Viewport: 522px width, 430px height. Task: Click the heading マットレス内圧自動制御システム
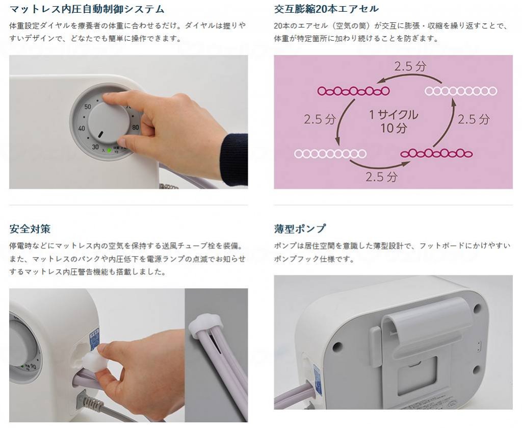[x=87, y=9]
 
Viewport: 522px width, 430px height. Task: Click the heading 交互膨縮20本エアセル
[x=326, y=9]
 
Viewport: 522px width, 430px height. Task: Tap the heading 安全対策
[x=30, y=229]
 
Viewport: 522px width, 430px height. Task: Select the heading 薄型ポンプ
[x=300, y=229]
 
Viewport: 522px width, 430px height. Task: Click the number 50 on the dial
[x=88, y=107]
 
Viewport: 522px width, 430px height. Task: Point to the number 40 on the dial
[x=82, y=129]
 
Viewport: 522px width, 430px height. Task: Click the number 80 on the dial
[x=135, y=128]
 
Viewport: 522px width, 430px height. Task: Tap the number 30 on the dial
[x=95, y=147]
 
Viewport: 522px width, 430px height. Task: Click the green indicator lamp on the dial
[x=109, y=150]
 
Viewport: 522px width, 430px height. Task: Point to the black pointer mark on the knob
[x=100, y=134]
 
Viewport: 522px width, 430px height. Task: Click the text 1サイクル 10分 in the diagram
[x=394, y=121]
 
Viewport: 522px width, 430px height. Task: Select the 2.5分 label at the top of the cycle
[x=410, y=66]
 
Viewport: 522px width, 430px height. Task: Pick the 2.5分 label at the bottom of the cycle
[x=381, y=176]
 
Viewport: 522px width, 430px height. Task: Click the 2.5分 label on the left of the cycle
[x=320, y=119]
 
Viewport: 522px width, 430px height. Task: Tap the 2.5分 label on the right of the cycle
[x=474, y=119]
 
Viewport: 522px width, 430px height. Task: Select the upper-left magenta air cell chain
[x=353, y=91]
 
